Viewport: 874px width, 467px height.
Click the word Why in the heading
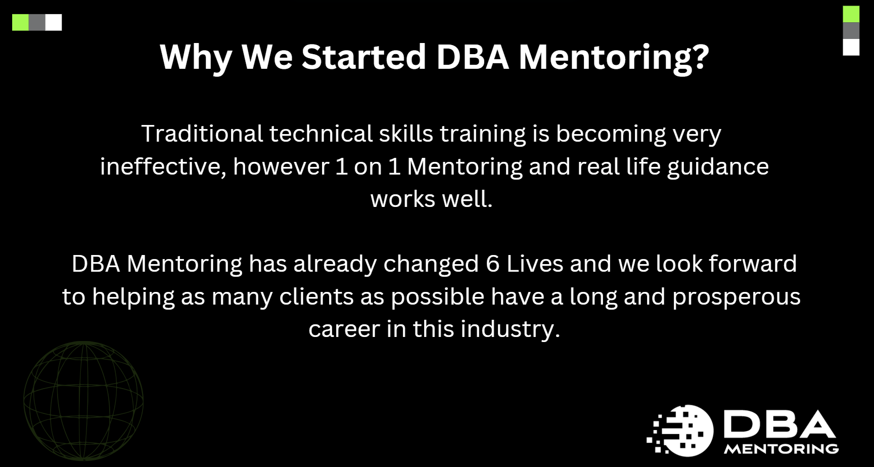pos(195,57)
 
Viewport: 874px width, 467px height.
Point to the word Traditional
pos(202,134)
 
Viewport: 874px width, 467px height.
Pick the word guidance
pos(718,166)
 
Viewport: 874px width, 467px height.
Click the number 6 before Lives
pos(493,264)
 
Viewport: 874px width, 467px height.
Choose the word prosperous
pos(737,296)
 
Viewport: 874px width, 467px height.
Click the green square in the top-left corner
pos(20,22)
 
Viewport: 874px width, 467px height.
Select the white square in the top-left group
pos(54,22)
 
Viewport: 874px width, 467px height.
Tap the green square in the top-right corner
pos(851,14)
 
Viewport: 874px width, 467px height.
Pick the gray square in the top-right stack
pos(851,30)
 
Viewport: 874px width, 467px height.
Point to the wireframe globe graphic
pos(83,401)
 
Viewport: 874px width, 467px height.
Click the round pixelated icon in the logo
pos(682,431)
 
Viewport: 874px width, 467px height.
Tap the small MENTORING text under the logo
pos(781,449)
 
